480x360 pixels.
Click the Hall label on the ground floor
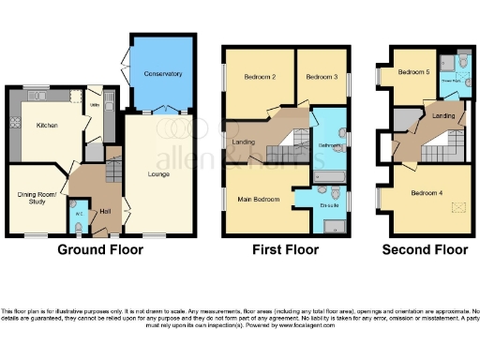click(105, 211)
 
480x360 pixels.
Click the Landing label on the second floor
click(443, 116)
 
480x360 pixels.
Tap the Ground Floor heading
click(100, 249)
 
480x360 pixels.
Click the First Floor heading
click(286, 249)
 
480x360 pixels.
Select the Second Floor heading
click(425, 249)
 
